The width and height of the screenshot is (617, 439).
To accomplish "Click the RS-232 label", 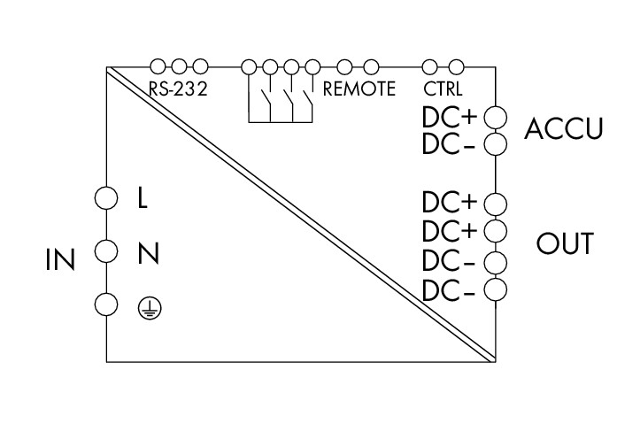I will (177, 89).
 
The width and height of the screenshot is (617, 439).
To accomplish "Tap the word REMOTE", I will (359, 89).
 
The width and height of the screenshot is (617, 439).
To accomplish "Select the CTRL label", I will (443, 89).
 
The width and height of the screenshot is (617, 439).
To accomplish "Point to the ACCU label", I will (564, 129).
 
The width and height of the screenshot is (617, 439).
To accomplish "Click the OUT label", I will (564, 244).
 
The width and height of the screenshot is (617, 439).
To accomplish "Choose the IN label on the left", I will (61, 260).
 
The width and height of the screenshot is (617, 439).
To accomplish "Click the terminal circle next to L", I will (106, 197).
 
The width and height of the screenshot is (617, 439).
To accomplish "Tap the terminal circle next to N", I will (106, 251).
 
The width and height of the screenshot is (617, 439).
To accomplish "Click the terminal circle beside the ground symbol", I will (106, 304).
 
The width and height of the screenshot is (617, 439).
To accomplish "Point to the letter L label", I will (143, 197).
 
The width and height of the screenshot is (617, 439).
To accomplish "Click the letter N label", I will (148, 255).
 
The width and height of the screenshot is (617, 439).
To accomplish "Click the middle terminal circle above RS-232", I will (179, 65).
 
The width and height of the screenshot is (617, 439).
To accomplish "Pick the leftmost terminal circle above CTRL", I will (430, 65).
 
